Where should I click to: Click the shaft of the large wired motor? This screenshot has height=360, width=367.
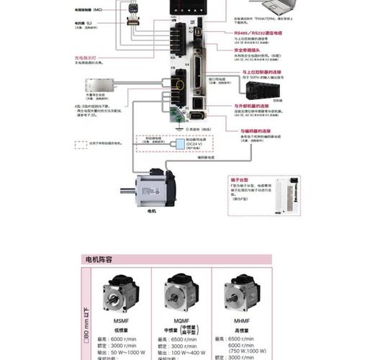[x=127, y=192]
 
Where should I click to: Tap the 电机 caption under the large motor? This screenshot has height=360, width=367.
[x=152, y=212]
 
